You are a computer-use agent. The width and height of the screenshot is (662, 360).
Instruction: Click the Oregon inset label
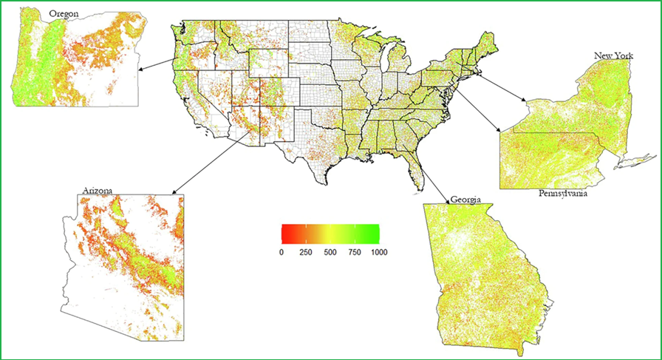coord(64,13)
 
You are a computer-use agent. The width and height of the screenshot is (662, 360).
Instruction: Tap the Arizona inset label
coord(98,191)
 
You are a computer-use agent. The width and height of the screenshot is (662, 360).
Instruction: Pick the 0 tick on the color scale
coord(281,252)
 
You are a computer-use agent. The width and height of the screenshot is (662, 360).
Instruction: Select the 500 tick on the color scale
coord(330,252)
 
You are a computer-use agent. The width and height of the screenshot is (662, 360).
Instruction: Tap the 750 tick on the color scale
coord(355,252)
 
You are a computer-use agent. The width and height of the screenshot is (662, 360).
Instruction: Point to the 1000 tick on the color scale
coord(379,252)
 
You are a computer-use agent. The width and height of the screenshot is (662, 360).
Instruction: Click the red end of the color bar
coord(284,234)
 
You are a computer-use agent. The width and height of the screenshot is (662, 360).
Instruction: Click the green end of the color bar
coord(377,234)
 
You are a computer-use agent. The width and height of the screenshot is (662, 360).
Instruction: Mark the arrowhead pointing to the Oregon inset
coord(139,70)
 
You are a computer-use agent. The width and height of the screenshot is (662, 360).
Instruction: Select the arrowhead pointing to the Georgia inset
coord(447,201)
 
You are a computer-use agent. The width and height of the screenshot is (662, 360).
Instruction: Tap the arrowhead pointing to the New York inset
coord(523,103)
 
